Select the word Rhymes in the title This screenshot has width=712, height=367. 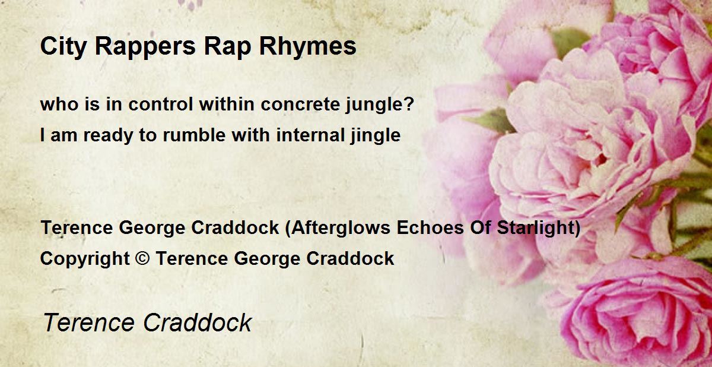point(308,46)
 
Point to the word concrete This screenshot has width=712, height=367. point(300,105)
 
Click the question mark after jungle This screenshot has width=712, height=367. point(410,104)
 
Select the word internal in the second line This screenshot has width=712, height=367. point(310,135)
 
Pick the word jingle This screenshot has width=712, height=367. point(376,136)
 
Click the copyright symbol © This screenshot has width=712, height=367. point(142,258)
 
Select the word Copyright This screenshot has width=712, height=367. point(85,259)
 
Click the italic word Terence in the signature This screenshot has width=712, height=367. point(89,322)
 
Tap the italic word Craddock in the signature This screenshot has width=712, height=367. point(198,322)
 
